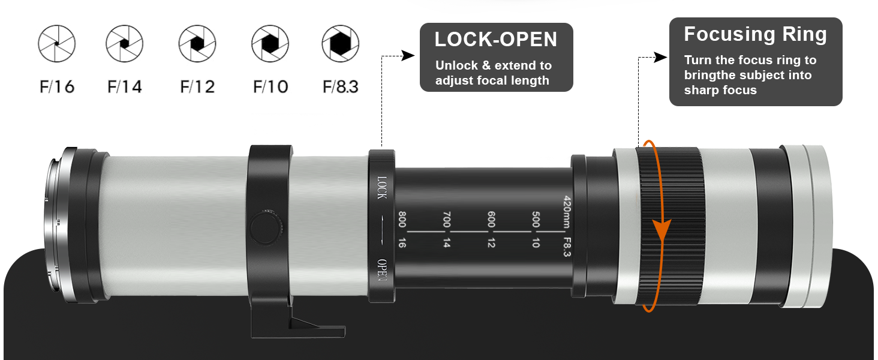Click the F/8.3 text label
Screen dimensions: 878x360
pyautogui.click(x=340, y=86)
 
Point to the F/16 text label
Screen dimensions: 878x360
pyautogui.click(x=57, y=86)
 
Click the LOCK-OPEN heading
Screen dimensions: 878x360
pyautogui.click(x=496, y=40)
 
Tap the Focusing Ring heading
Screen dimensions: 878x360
pyautogui.click(x=755, y=34)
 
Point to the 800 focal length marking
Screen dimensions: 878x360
pyautogui.click(x=402, y=220)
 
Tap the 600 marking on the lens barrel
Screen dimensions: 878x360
pyautogui.click(x=491, y=220)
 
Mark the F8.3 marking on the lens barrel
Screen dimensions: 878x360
pyautogui.click(x=567, y=247)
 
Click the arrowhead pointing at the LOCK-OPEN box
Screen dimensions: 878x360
pyautogui.click(x=408, y=56)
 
